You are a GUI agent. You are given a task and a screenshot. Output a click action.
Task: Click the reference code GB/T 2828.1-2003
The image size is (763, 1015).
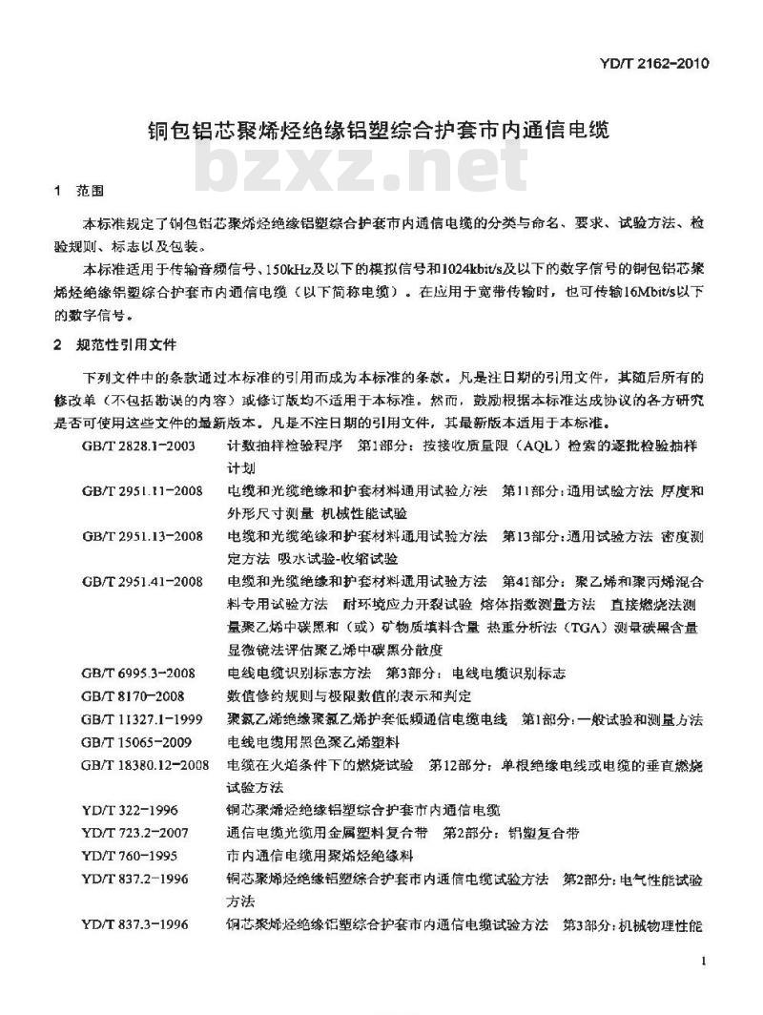pos(139,445)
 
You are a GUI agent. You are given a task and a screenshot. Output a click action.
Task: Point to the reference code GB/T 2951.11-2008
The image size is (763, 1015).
pos(142,490)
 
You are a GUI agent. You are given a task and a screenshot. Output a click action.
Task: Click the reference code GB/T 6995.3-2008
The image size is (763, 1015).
pos(139,673)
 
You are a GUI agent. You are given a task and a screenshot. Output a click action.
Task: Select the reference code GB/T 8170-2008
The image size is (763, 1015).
pos(133,695)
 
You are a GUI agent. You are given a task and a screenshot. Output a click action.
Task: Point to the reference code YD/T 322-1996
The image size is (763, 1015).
pos(128,810)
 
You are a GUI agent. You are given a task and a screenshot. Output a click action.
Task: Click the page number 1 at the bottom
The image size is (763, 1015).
pos(703,961)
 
